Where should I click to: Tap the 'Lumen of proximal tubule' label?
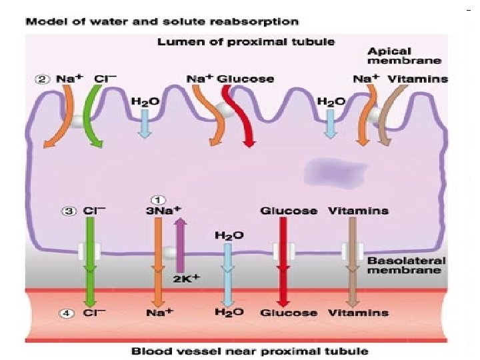pos(246,42)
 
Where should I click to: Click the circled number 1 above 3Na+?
pos(158,199)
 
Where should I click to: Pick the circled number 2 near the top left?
pos(41,79)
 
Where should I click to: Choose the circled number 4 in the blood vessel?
pos(69,312)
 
